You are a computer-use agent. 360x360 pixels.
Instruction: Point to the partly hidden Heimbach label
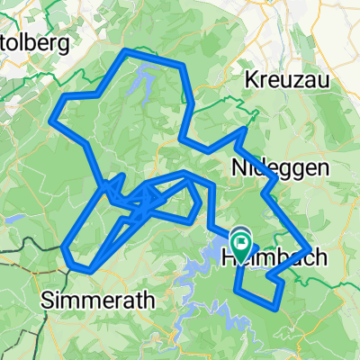point(265,257)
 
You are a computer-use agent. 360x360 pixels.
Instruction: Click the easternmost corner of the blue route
point(310,249)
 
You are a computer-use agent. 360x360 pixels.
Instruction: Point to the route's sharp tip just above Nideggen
point(245,130)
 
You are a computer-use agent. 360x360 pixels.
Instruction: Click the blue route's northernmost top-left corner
point(123,52)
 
